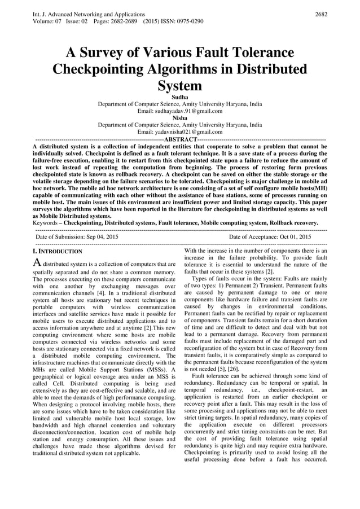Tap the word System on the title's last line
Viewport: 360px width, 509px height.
179,86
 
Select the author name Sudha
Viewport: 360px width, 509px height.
179,98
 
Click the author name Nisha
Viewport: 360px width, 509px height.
179,119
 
